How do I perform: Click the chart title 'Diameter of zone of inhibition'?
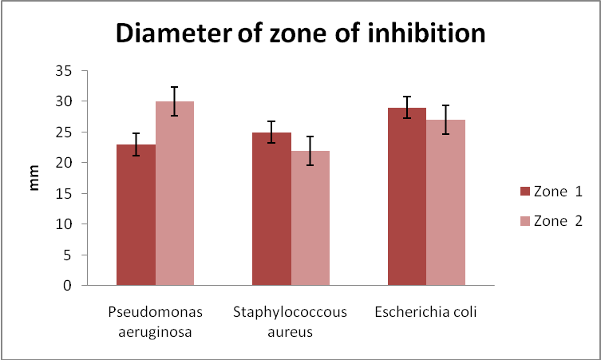[x=300, y=34]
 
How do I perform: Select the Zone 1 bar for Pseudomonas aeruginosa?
[x=136, y=216]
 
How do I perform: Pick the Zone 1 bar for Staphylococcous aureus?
[x=271, y=209]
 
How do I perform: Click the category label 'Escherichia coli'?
[x=425, y=311]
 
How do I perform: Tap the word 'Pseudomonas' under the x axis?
[x=146, y=311]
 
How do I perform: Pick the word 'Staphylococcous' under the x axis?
[x=291, y=311]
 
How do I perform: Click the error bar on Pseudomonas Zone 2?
[x=175, y=101]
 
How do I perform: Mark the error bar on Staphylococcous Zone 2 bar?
[x=310, y=151]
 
